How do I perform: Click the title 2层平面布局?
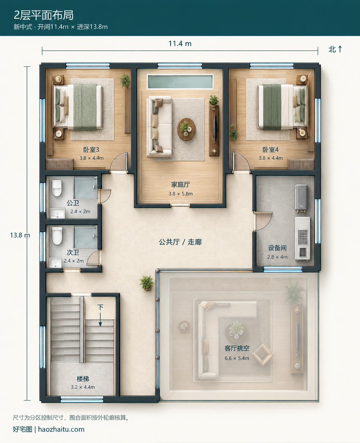tap(44, 15)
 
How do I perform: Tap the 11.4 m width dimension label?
tap(180, 44)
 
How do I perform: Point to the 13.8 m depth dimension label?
tap(20, 235)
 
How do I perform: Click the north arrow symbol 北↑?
tap(335, 49)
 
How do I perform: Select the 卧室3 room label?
tap(91, 150)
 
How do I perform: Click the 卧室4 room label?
tap(271, 150)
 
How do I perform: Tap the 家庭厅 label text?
tap(180, 184)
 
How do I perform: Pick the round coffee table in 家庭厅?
tap(186, 129)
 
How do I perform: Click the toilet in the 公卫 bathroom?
tap(57, 188)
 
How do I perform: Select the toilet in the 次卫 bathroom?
tap(57, 236)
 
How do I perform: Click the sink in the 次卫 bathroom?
tap(55, 263)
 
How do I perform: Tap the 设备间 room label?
tap(277, 248)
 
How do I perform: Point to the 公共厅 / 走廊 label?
tap(180, 242)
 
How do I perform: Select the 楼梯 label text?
tap(83, 379)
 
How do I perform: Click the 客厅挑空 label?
tap(237, 348)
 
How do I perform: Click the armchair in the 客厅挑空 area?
tap(263, 354)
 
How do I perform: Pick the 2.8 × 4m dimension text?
tap(277, 257)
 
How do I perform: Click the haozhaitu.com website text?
tap(61, 430)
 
